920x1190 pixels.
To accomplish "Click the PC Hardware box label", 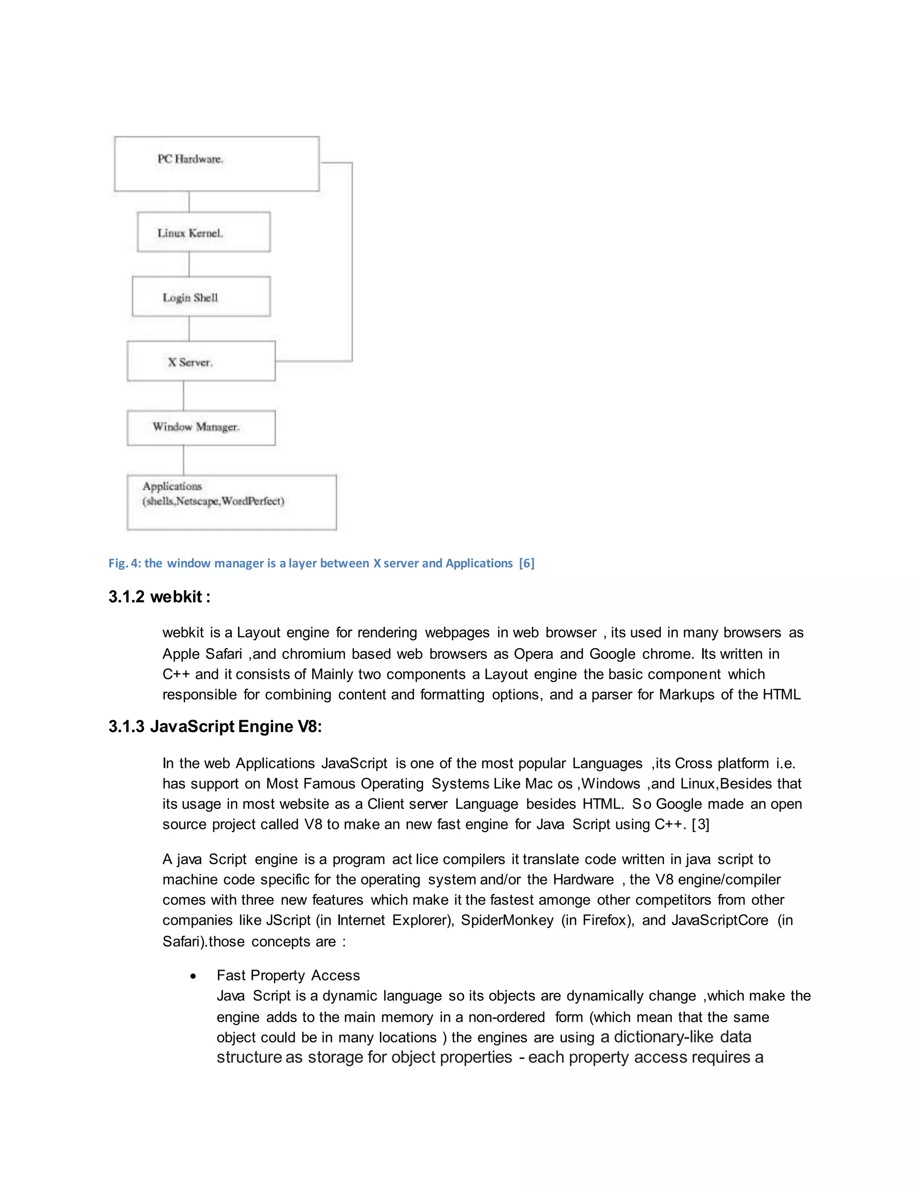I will pos(190,159).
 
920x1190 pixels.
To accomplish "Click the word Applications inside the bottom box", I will pos(172,486).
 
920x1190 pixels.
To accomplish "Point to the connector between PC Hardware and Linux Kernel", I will pos(189,202).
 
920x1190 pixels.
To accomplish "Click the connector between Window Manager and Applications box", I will pos(184,460).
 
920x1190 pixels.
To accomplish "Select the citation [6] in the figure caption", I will pos(526,564).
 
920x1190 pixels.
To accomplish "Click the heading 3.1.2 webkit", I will pos(159,597).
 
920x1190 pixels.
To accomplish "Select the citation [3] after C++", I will pos(700,825).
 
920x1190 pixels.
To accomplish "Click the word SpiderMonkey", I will pos(507,920).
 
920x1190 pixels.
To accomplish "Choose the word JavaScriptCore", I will pos(720,920).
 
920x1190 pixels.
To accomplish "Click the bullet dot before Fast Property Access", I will pos(193,976).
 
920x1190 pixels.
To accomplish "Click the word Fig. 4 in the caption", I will pos(124,564).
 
